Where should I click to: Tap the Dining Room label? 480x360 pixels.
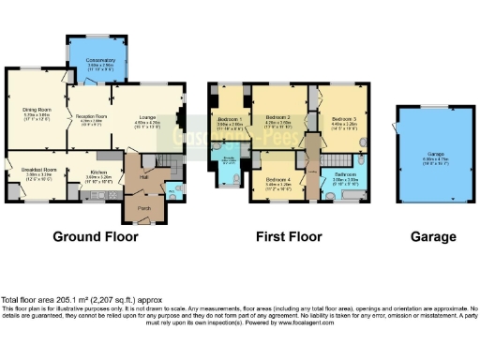click(x=37, y=109)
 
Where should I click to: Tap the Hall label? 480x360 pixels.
click(x=145, y=176)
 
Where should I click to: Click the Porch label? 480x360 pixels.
click(x=144, y=207)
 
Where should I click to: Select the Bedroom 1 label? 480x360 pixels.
click(x=230, y=121)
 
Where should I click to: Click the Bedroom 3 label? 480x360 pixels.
click(x=343, y=119)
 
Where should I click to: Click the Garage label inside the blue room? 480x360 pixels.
click(x=427, y=157)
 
